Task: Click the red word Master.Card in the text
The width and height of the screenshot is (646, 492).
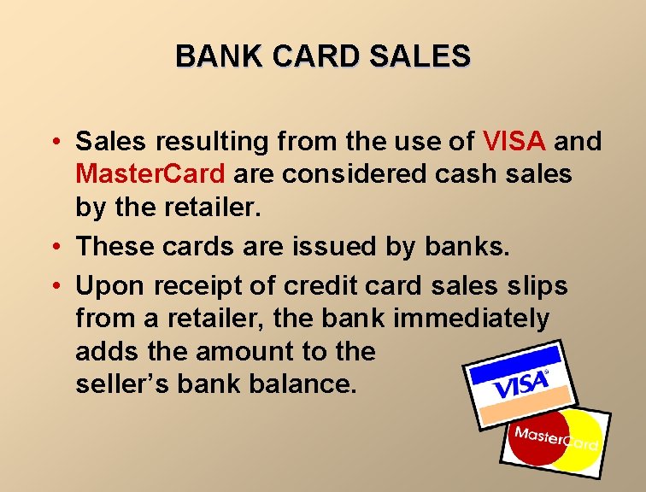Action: click(150, 173)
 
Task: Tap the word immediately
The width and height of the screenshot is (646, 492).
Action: click(472, 319)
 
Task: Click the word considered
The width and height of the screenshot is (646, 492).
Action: click(327, 173)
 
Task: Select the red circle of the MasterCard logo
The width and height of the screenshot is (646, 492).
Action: click(537, 439)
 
